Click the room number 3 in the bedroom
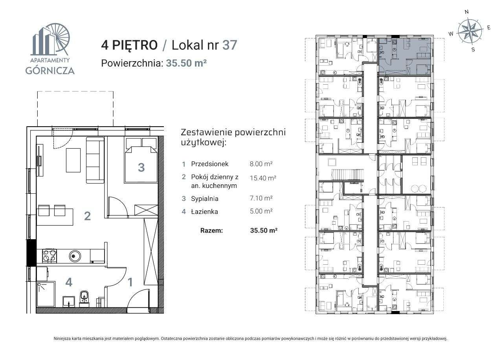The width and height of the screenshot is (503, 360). (x=141, y=167)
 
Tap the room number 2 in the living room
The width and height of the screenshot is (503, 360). (x=87, y=215)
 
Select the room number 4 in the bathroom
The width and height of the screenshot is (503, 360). (x=69, y=282)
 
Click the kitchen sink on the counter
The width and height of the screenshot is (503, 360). (x=75, y=256)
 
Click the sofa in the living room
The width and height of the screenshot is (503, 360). (x=95, y=160)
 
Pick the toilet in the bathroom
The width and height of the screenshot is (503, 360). (x=84, y=297)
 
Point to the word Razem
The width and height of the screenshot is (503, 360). (x=211, y=231)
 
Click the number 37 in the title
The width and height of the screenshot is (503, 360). (x=229, y=45)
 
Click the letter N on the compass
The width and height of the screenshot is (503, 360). (x=466, y=12)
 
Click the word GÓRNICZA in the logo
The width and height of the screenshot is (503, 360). (x=50, y=71)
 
